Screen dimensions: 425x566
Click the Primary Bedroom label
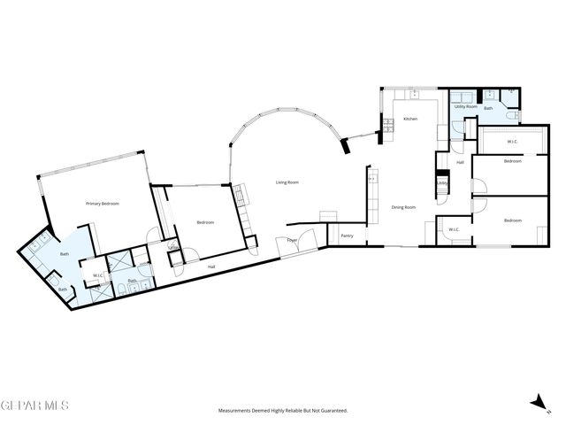[x=103, y=204]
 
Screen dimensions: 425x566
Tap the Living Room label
[x=287, y=182]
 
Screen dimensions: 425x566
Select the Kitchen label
[x=410, y=119]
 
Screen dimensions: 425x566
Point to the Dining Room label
[x=404, y=207]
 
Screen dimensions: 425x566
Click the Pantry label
[x=347, y=236]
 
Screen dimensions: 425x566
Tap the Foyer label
[x=291, y=240]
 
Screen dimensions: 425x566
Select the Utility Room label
[x=465, y=106]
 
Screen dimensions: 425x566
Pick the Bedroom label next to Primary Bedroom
[x=205, y=222]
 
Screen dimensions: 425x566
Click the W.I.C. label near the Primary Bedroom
[x=98, y=274]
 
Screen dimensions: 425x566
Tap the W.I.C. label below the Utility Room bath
[x=512, y=142]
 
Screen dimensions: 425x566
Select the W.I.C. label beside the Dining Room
[x=454, y=230]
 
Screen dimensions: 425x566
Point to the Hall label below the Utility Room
[x=460, y=162]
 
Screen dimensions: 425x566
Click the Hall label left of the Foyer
[x=211, y=267]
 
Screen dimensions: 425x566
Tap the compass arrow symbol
[x=536, y=403]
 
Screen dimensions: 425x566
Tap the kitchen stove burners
[x=386, y=135]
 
